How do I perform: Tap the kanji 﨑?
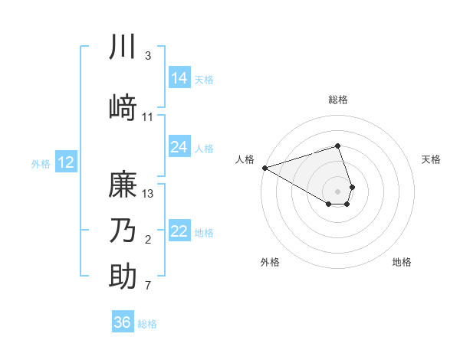pos(123,107)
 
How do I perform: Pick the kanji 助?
pos(123,277)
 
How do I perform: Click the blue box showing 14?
pos(179,78)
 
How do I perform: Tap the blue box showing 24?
pos(179,147)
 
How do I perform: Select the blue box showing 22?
pos(179,231)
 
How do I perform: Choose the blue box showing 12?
pos(66,162)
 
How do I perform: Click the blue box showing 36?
pos(123,322)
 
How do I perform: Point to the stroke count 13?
pos(149,193)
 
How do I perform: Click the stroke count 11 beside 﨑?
pos(149,117)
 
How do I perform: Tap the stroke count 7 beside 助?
pos(148,286)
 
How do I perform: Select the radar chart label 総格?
pos(337,100)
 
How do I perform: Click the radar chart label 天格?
pos(431,159)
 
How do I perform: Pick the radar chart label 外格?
pos(270,262)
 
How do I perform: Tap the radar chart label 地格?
pos(402,262)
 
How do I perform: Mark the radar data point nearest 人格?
pos(264,167)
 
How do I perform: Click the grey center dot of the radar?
pos(337,191)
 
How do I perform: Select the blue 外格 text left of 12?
pos(41,163)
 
